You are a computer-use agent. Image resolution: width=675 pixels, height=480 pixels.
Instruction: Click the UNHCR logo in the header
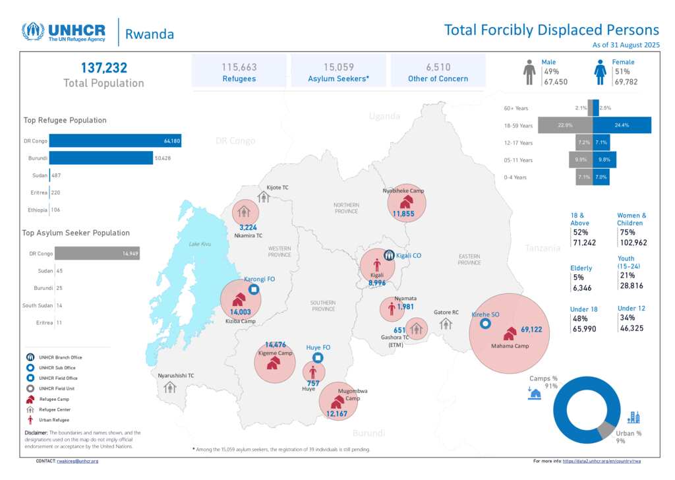(x=66, y=32)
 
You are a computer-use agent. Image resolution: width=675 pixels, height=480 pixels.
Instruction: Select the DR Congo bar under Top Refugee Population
(x=115, y=140)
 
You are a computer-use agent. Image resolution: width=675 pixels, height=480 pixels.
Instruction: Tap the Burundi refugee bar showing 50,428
(x=101, y=158)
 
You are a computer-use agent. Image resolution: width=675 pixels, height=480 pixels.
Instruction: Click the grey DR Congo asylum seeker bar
(x=97, y=253)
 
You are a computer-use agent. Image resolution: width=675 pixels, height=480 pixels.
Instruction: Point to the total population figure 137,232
(x=103, y=68)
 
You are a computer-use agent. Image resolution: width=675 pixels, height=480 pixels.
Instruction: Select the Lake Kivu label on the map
(x=200, y=244)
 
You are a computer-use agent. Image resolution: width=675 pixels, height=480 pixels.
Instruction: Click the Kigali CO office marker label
(x=409, y=255)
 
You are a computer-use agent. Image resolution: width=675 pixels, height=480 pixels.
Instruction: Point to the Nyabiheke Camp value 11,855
(x=403, y=214)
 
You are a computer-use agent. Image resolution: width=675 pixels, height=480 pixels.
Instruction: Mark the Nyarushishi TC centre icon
(x=171, y=387)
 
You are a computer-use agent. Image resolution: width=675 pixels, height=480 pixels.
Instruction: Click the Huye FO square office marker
(x=318, y=358)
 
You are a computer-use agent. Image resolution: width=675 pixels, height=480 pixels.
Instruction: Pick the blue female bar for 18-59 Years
(x=622, y=125)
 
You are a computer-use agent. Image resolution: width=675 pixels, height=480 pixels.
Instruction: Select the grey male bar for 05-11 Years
(x=580, y=160)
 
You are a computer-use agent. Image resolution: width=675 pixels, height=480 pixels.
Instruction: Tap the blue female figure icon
(x=600, y=72)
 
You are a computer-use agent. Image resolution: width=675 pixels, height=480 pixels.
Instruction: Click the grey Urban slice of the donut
(x=605, y=431)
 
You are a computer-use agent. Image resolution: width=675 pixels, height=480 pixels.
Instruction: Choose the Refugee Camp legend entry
(x=56, y=400)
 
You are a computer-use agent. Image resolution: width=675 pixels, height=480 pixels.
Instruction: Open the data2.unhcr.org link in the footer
(x=602, y=461)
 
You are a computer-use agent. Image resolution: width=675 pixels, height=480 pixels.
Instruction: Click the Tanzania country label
(x=543, y=248)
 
